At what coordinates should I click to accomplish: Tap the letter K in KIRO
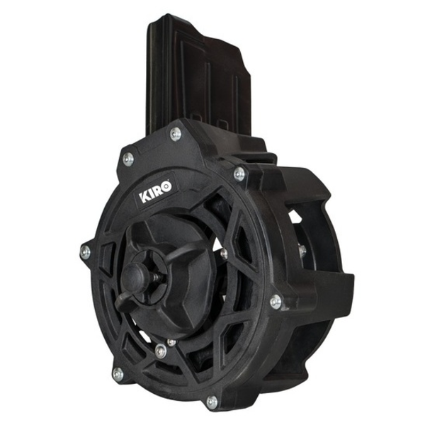tap(144, 197)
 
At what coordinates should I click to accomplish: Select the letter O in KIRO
tap(166, 186)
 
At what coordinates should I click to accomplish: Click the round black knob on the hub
tap(133, 277)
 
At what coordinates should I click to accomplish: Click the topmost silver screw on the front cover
tap(176, 134)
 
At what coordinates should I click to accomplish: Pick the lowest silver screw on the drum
tap(212, 402)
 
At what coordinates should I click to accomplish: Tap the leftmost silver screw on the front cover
tap(85, 251)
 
